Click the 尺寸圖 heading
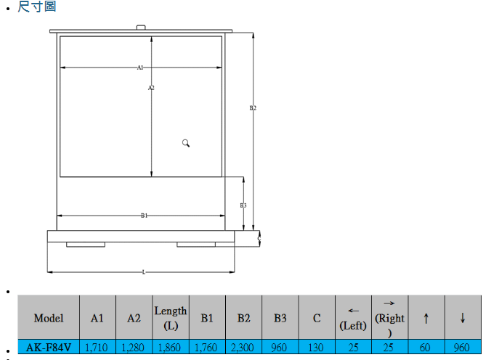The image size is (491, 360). [x=36, y=7]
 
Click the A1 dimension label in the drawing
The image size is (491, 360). [x=140, y=67]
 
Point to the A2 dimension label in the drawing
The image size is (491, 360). [x=151, y=88]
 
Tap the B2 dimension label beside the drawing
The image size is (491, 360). [x=253, y=107]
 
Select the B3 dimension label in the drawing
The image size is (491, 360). [x=243, y=205]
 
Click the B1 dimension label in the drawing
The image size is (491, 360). [x=144, y=216]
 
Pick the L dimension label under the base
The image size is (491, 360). [x=144, y=272]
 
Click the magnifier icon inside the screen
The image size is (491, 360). [x=186, y=143]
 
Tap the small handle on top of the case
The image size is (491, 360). [x=141, y=28]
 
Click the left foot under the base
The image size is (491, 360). [x=86, y=245]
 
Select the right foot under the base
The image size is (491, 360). [x=196, y=245]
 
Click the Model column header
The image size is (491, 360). [x=49, y=318]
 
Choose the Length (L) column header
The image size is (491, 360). [x=171, y=318]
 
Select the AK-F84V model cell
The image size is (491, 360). [x=49, y=348]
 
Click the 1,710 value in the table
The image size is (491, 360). [x=97, y=348]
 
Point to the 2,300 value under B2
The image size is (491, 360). [x=243, y=348]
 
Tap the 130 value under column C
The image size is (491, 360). [x=316, y=348]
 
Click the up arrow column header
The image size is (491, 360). [x=426, y=318]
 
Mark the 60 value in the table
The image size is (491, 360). [x=426, y=348]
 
